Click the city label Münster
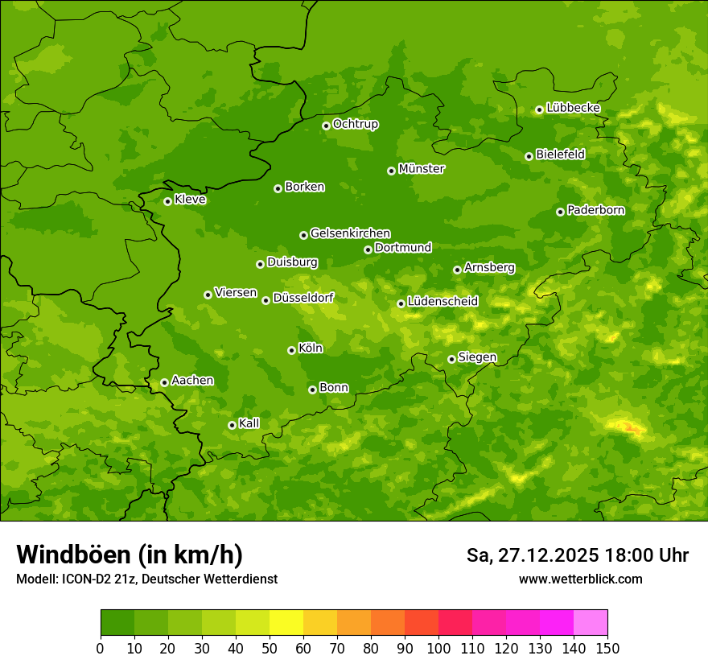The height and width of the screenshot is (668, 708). pos(421,169)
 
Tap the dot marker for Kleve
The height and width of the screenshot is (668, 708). pos(167,201)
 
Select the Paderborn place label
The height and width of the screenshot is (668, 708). pos(595,210)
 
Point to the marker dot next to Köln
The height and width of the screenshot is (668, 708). pos(291,350)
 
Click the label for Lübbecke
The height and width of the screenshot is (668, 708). pos(573,108)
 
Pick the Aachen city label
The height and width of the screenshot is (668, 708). pos(192,380)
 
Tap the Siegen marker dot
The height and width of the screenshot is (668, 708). pos(451,359)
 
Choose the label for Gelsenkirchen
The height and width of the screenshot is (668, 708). pos(350,233)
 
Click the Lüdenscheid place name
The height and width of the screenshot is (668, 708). pos(442,302)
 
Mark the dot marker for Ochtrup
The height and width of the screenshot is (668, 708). pos(326,126)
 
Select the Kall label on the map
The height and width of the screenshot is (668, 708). pos(249,423)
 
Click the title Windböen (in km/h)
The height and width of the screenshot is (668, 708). pos(130,555)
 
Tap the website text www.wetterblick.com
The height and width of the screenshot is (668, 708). pos(580,579)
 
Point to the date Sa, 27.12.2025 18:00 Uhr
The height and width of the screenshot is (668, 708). pos(577,555)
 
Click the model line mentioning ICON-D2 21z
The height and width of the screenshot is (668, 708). pos(146,579)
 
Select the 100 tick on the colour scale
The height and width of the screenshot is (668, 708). pos(438,648)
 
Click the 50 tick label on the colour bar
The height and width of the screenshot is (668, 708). pos(270,648)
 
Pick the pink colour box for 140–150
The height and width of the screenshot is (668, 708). pos(591,623)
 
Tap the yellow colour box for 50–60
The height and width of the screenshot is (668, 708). pos(286,623)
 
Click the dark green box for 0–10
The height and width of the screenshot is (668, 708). pos(117,623)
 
